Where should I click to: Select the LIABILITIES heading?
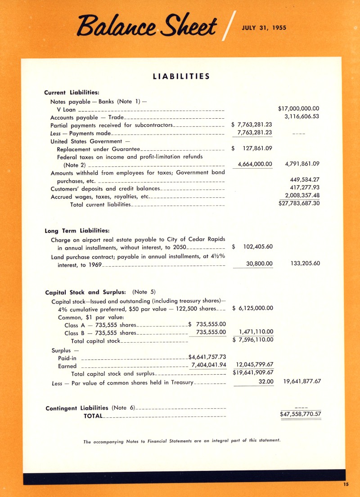(x=181, y=76)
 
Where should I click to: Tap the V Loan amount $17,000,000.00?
(x=299, y=108)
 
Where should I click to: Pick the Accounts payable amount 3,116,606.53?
(x=302, y=116)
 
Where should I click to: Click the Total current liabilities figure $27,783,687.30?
(x=299, y=203)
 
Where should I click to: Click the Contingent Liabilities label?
(x=77, y=408)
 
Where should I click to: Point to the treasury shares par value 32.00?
(x=266, y=381)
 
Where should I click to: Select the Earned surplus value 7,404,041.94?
(x=208, y=365)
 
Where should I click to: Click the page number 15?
(x=345, y=484)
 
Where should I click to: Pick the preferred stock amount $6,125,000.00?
(x=252, y=308)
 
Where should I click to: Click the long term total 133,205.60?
(x=302, y=264)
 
